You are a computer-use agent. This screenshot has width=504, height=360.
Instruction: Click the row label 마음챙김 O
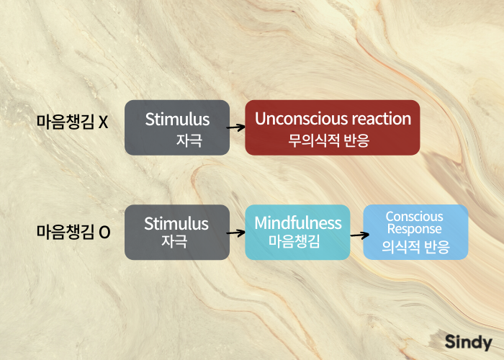[73, 233]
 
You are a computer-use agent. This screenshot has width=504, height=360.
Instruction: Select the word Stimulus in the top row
[177, 120]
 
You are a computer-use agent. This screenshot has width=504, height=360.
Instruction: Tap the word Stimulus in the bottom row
[176, 224]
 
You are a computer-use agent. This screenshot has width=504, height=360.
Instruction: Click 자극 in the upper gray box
[189, 140]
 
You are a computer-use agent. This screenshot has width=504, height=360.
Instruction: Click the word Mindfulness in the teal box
[297, 223]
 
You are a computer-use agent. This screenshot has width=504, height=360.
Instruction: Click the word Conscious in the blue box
[415, 217]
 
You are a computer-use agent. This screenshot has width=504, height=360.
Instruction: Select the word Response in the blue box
[415, 229]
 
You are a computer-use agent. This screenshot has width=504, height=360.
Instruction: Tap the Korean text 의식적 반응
[415, 248]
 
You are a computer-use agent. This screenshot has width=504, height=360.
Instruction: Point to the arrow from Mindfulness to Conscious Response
[356, 233]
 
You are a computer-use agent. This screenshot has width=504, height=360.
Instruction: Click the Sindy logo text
[468, 343]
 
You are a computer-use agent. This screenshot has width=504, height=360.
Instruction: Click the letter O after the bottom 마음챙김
[104, 233]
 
